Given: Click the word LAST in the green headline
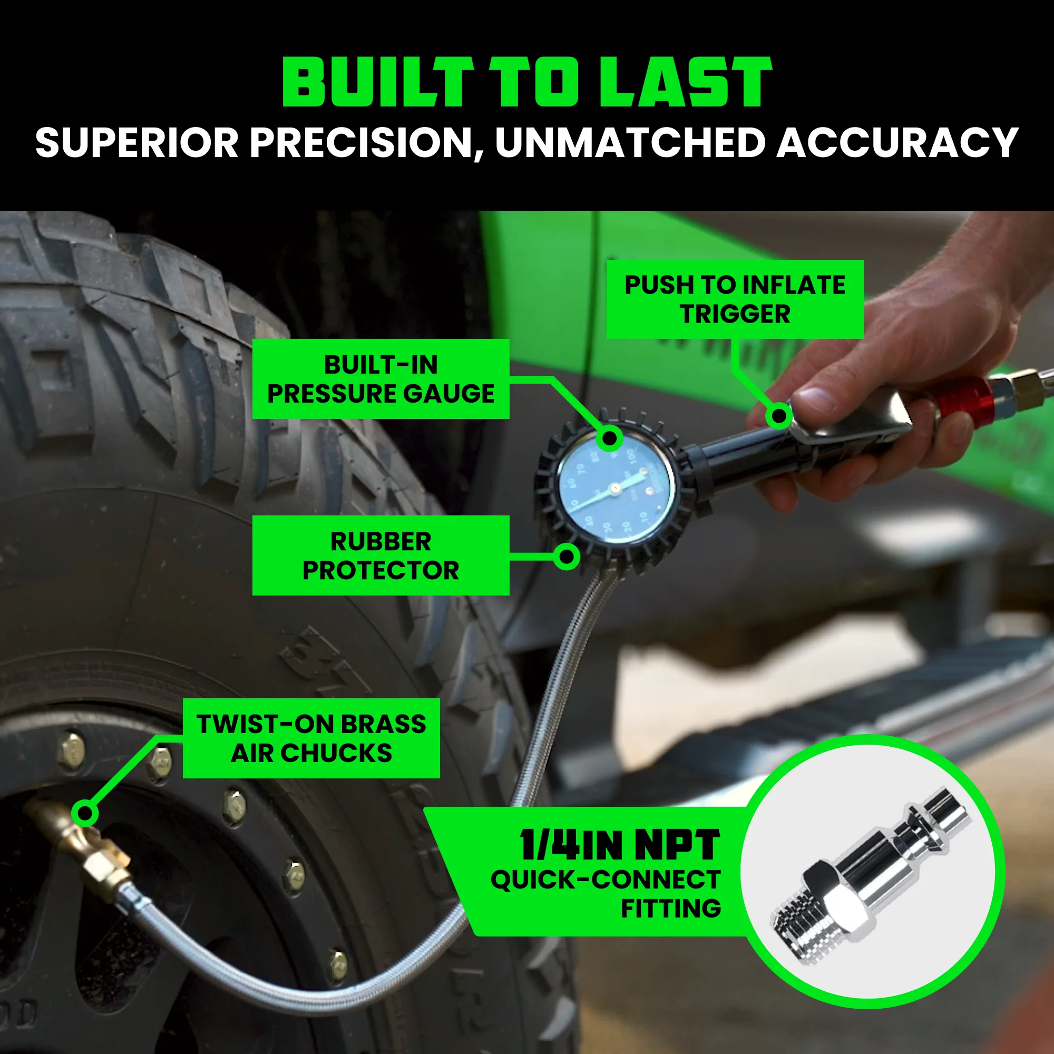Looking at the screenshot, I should point(685,82).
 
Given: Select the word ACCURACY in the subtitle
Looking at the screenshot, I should point(897,143).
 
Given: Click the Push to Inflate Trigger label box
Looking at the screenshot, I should point(734,299).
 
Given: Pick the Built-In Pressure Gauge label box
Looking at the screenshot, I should point(380,379).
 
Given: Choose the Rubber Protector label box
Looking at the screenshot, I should point(380,555).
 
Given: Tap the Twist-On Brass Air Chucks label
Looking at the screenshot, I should point(311,738).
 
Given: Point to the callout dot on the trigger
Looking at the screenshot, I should point(779,416).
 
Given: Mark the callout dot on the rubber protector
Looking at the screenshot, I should point(567,557).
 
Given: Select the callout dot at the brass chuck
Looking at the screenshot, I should point(84,813).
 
